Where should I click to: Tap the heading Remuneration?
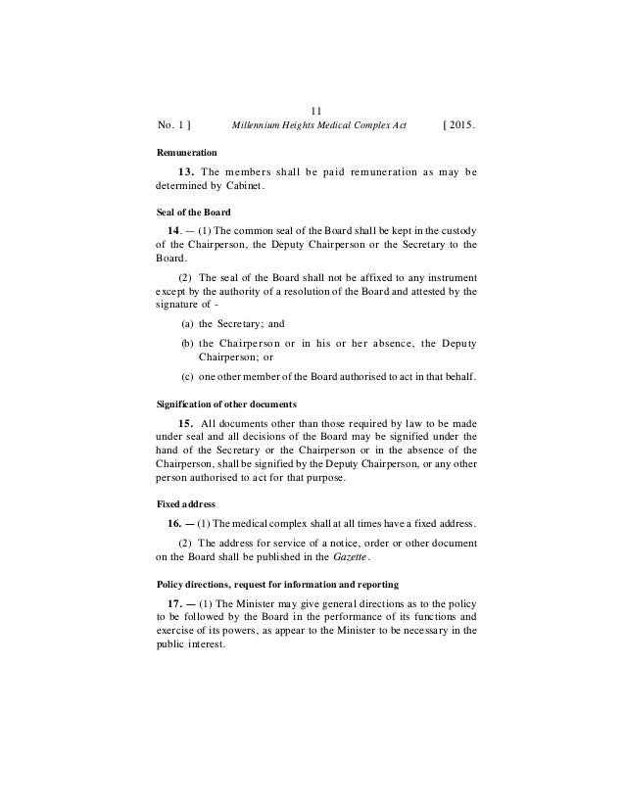tap(187, 155)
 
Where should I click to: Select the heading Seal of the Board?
tap(194, 214)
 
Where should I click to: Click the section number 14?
tap(177, 230)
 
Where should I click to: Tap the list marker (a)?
tap(188, 324)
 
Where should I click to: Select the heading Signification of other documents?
tap(227, 404)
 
